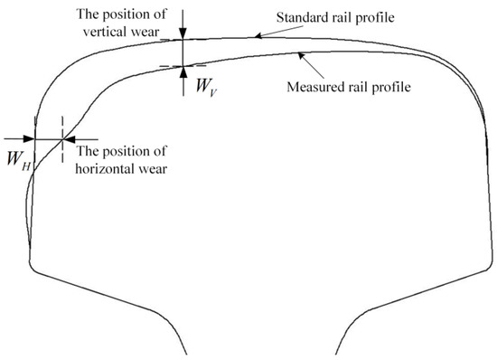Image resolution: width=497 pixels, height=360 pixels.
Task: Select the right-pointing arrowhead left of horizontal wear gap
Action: coord(28,138)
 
